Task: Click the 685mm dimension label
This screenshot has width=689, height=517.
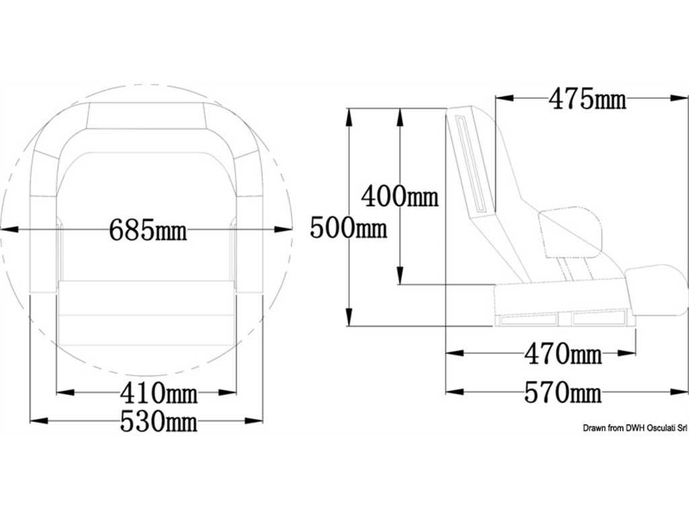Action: [x=147, y=230]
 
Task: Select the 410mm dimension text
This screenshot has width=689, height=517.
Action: [x=159, y=392]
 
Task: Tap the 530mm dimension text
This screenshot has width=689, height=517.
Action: [x=159, y=421]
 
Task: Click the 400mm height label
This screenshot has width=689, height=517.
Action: [x=400, y=196]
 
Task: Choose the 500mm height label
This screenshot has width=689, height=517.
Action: [x=349, y=228]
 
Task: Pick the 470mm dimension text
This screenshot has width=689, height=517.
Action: [x=563, y=353]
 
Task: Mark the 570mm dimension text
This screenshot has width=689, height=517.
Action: [x=563, y=392]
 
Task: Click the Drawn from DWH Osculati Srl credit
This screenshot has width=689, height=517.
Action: [x=634, y=427]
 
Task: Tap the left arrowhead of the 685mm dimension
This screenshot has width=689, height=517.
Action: [x=9, y=229]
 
